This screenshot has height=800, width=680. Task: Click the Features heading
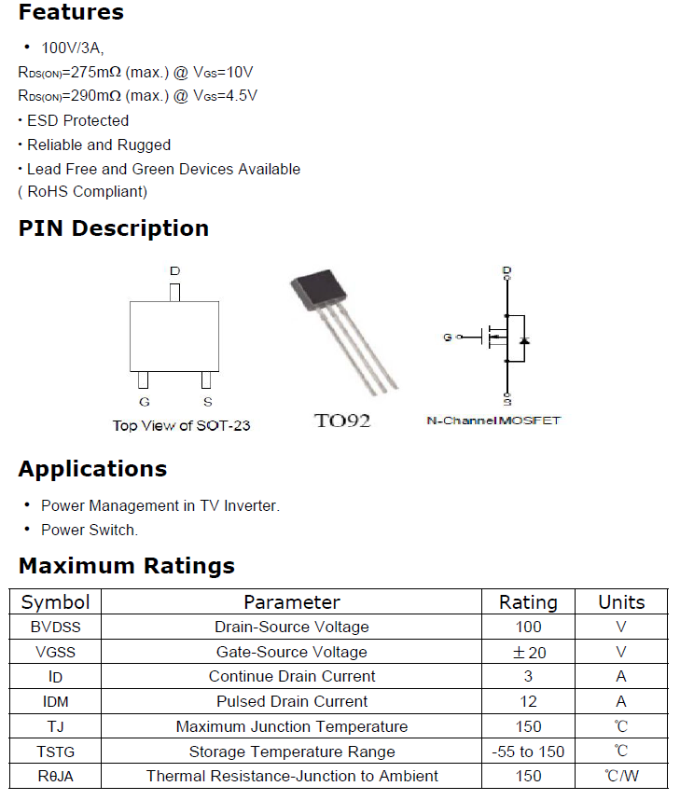point(71,12)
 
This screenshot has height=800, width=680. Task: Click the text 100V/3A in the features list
point(72,48)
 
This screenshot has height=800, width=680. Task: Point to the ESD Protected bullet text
point(77,121)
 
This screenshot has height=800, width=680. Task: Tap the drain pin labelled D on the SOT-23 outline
point(174,293)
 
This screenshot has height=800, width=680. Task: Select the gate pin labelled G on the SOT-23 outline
point(144,379)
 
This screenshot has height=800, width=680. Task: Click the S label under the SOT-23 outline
point(207,402)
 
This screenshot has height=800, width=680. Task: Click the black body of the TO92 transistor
point(319,289)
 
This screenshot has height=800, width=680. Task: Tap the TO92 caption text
point(342,421)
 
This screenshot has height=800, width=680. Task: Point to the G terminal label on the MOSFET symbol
point(447,338)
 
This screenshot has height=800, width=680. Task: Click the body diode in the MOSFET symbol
point(524,339)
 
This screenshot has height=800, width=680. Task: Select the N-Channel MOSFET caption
point(493,421)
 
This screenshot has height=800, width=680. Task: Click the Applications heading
point(92,469)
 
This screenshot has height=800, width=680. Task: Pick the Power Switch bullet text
point(90,531)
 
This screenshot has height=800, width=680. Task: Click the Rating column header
point(528,602)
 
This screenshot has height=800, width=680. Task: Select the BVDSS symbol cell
point(55,628)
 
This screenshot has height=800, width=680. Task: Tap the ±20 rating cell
point(529,652)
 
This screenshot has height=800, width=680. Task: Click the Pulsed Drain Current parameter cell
point(292,701)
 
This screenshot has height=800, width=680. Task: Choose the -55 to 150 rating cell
point(528,752)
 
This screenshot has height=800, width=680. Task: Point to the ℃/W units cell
point(621,776)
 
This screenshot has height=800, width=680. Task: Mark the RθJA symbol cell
point(55,777)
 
